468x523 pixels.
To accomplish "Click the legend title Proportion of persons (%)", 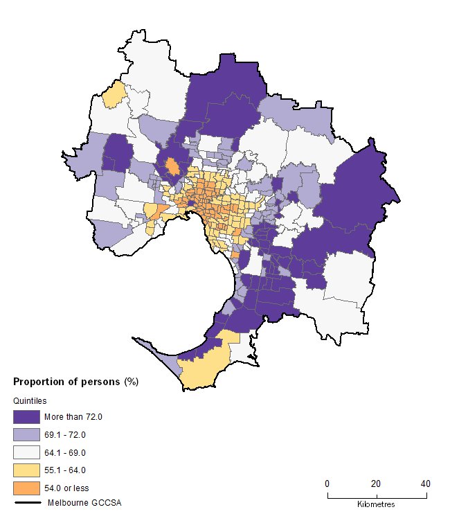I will [x=77, y=382].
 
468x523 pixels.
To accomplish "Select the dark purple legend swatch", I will [x=26, y=417].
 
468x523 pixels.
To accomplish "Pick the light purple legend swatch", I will [x=26, y=435].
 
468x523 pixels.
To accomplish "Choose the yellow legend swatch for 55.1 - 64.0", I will [x=26, y=470].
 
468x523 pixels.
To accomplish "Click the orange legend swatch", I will [x=26, y=488].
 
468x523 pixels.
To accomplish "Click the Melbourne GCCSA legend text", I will [x=79, y=502].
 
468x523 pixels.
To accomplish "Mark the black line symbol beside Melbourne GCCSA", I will [x=26, y=502].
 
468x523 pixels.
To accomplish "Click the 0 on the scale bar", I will [x=327, y=484].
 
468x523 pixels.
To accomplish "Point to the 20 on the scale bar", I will [x=376, y=484].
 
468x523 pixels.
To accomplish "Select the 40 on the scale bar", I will [x=425, y=484].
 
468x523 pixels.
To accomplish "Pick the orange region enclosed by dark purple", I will [x=173, y=167].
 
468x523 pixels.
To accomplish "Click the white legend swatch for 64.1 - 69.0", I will [x=26, y=452].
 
